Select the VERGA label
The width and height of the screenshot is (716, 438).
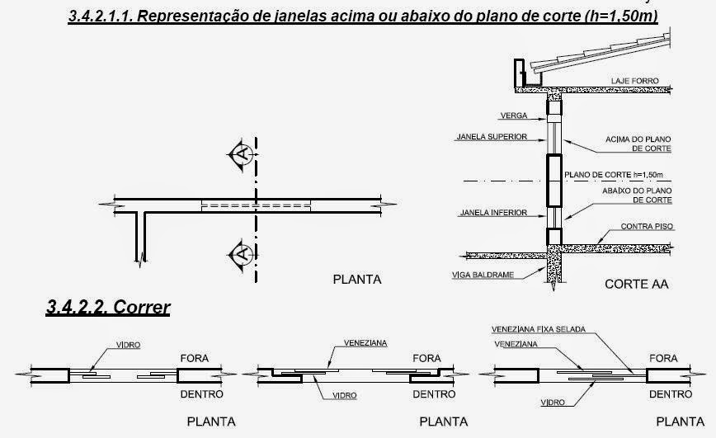point(513,115)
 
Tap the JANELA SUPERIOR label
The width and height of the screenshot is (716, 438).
point(490,137)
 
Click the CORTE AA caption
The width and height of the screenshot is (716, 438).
point(635,285)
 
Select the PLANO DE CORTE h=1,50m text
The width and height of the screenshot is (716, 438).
point(615,175)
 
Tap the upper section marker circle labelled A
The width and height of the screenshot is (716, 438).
point(241,153)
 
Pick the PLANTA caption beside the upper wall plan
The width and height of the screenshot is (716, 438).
point(356,279)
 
